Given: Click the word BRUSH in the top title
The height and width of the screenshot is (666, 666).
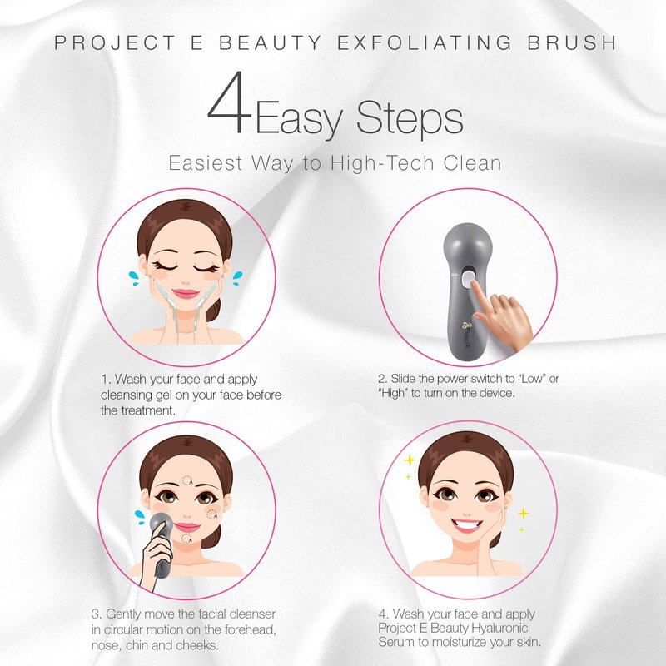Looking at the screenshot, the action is pyautogui.click(x=572, y=42).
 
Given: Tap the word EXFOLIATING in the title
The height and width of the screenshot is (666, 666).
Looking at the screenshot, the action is pyautogui.click(x=425, y=42).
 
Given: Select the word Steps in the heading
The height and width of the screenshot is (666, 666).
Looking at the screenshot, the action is pyautogui.click(x=410, y=120).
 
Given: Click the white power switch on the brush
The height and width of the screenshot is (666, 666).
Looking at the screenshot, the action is pyautogui.click(x=468, y=278).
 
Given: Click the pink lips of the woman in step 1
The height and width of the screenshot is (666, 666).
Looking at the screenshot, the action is pyautogui.click(x=186, y=294).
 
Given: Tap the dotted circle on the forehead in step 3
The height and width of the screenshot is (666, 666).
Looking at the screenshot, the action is pyautogui.click(x=186, y=481).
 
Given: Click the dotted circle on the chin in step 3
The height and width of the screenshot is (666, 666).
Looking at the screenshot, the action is pyautogui.click(x=186, y=539).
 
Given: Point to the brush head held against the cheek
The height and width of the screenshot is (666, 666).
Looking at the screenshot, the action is pyautogui.click(x=161, y=525).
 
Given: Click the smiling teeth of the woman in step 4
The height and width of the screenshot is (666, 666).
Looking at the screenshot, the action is pyautogui.click(x=467, y=525).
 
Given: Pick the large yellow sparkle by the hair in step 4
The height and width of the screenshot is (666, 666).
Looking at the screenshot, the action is pyautogui.click(x=410, y=460).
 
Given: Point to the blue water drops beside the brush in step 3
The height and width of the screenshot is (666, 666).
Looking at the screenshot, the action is pyautogui.click(x=139, y=516).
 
